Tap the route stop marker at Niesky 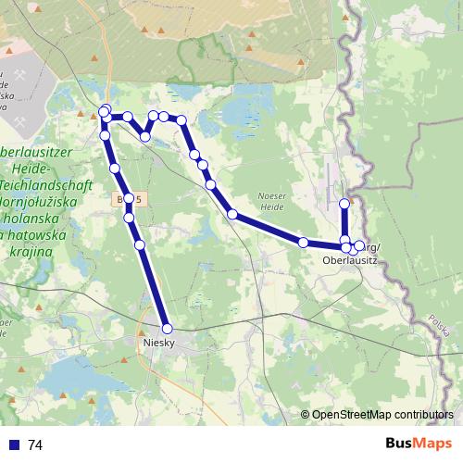pyautogui.click(x=168, y=328)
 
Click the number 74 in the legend pyautogui.click(x=36, y=445)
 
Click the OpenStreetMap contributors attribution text pyautogui.click(x=382, y=415)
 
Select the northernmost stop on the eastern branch pyautogui.click(x=344, y=203)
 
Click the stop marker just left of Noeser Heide pyautogui.click(x=232, y=214)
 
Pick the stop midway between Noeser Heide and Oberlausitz pyautogui.click(x=303, y=242)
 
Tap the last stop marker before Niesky pyautogui.click(x=140, y=244)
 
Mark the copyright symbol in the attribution pyautogui.click(x=306, y=415)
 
